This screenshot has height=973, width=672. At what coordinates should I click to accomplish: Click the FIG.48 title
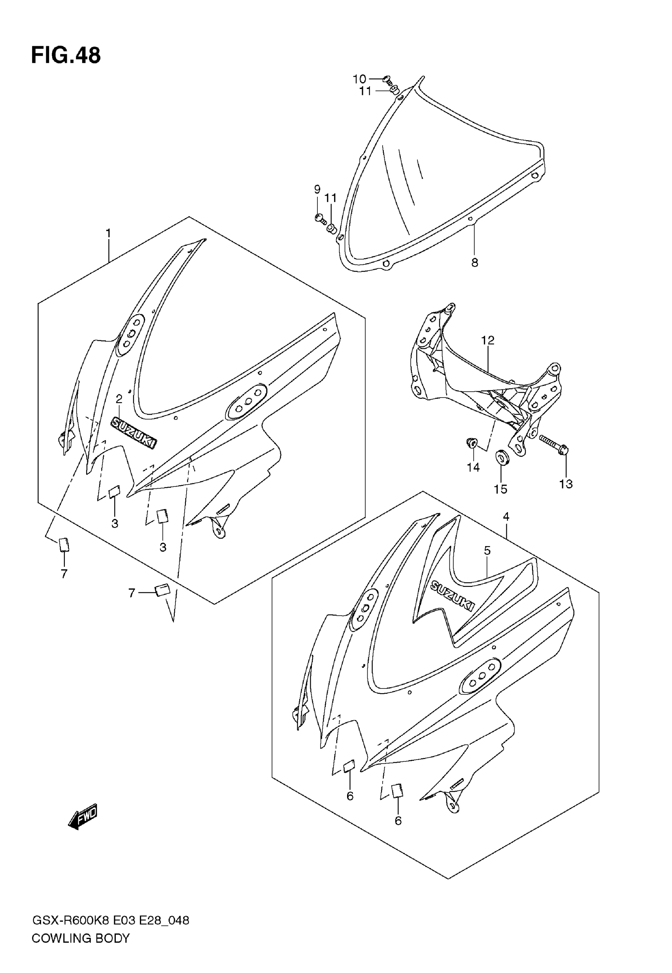tap(66, 56)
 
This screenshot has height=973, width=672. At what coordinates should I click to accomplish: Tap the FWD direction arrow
tap(83, 818)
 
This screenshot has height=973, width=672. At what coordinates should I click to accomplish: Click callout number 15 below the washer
tap(500, 489)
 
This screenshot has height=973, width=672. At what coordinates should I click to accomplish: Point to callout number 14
tap(473, 467)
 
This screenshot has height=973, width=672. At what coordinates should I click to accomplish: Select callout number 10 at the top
tap(359, 79)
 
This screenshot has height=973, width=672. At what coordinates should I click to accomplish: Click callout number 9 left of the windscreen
tap(317, 189)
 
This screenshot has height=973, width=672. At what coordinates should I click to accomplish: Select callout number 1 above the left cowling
tap(108, 233)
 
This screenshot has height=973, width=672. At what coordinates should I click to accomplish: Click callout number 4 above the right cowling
tap(506, 517)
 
